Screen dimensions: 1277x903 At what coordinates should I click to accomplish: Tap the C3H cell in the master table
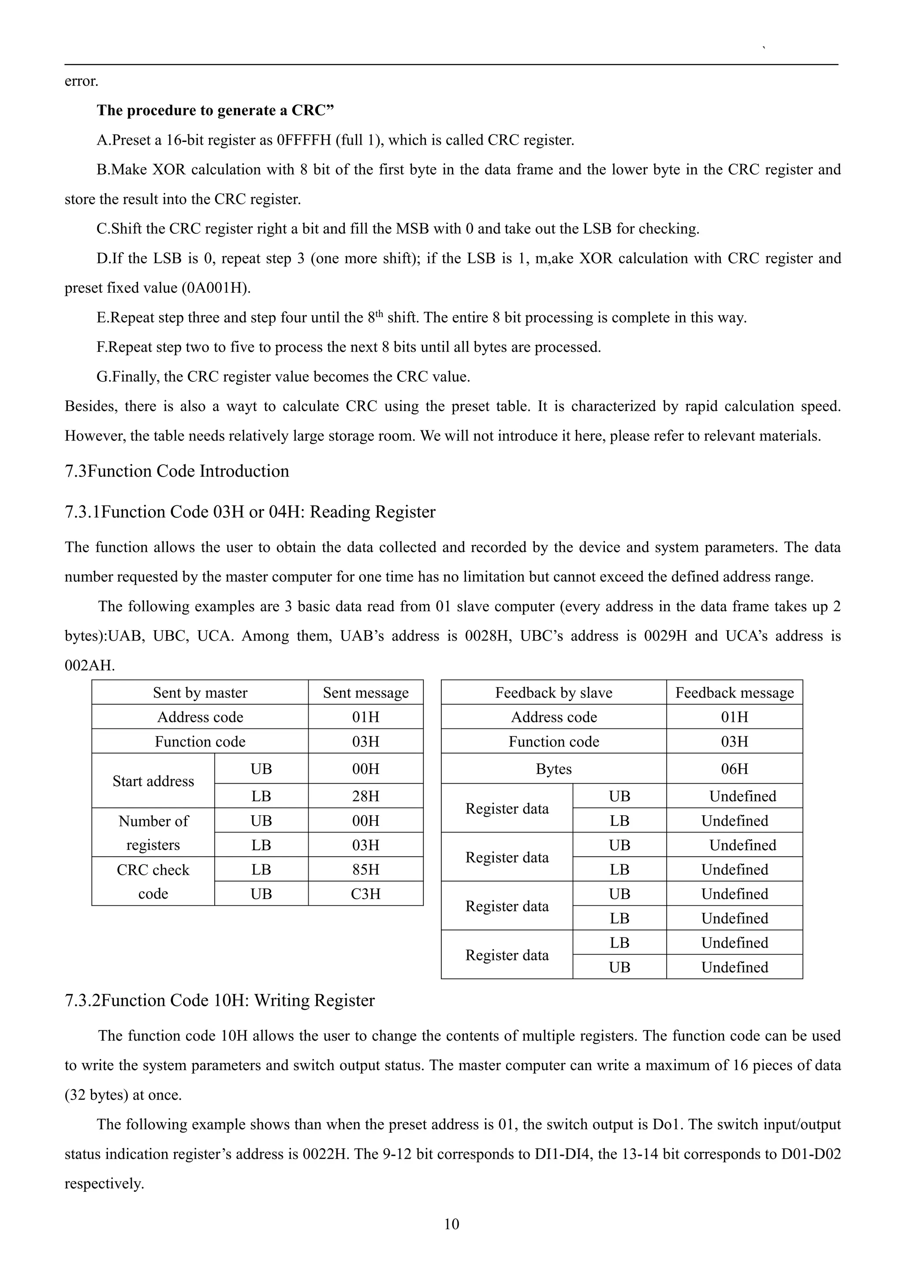pos(366,894)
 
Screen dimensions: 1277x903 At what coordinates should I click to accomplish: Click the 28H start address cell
pos(366,796)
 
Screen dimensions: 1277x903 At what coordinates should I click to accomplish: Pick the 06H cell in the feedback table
pos(734,769)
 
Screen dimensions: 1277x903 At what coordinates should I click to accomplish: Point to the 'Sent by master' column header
pos(200,692)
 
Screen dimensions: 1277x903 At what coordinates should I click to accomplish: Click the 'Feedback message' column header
pos(734,692)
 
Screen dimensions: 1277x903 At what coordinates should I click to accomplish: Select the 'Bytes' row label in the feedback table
pos(553,769)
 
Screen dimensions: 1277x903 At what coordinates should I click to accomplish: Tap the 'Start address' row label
pos(153,781)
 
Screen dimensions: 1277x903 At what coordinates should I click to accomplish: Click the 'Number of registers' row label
pos(153,833)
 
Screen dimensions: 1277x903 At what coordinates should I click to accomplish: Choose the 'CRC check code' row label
pos(153,881)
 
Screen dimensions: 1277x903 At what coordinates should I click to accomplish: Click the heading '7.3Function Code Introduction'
pos(177,471)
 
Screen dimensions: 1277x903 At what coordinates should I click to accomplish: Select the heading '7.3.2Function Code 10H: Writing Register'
pos(220,1001)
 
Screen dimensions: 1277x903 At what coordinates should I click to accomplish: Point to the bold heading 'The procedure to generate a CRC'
pos(215,110)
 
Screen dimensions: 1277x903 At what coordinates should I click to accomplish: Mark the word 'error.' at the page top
pos(81,81)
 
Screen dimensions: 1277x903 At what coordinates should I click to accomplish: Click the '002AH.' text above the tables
pos(90,666)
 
